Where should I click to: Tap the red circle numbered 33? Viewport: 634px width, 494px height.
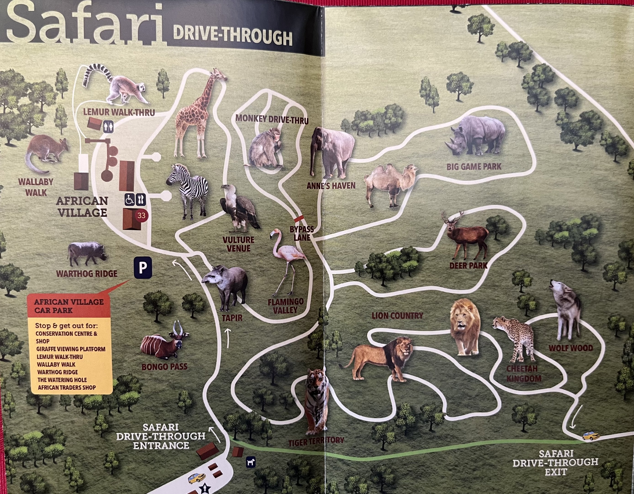click(141, 215)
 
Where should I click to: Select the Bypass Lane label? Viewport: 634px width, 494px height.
click(302, 234)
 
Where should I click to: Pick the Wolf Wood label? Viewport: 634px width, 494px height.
click(570, 348)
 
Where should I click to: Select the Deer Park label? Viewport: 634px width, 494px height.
click(468, 266)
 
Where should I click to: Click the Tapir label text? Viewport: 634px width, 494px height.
click(232, 318)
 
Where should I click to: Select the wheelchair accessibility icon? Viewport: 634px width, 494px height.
click(129, 199)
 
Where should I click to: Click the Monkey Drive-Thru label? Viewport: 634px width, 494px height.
click(272, 119)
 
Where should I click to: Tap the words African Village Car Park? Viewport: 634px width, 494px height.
click(69, 306)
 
